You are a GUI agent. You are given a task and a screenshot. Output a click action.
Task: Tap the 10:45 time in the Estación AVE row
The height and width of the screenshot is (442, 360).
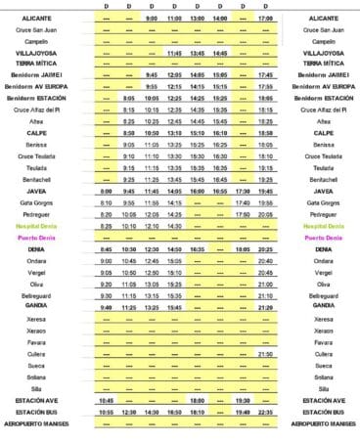[x=106, y=400]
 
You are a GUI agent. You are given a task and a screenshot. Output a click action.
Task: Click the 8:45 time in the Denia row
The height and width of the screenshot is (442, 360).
[x=106, y=249]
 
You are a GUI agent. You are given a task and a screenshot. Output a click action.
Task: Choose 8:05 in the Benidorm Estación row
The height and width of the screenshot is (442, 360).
[x=128, y=99]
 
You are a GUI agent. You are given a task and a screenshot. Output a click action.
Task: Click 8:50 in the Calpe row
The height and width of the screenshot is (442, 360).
[x=128, y=132]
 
